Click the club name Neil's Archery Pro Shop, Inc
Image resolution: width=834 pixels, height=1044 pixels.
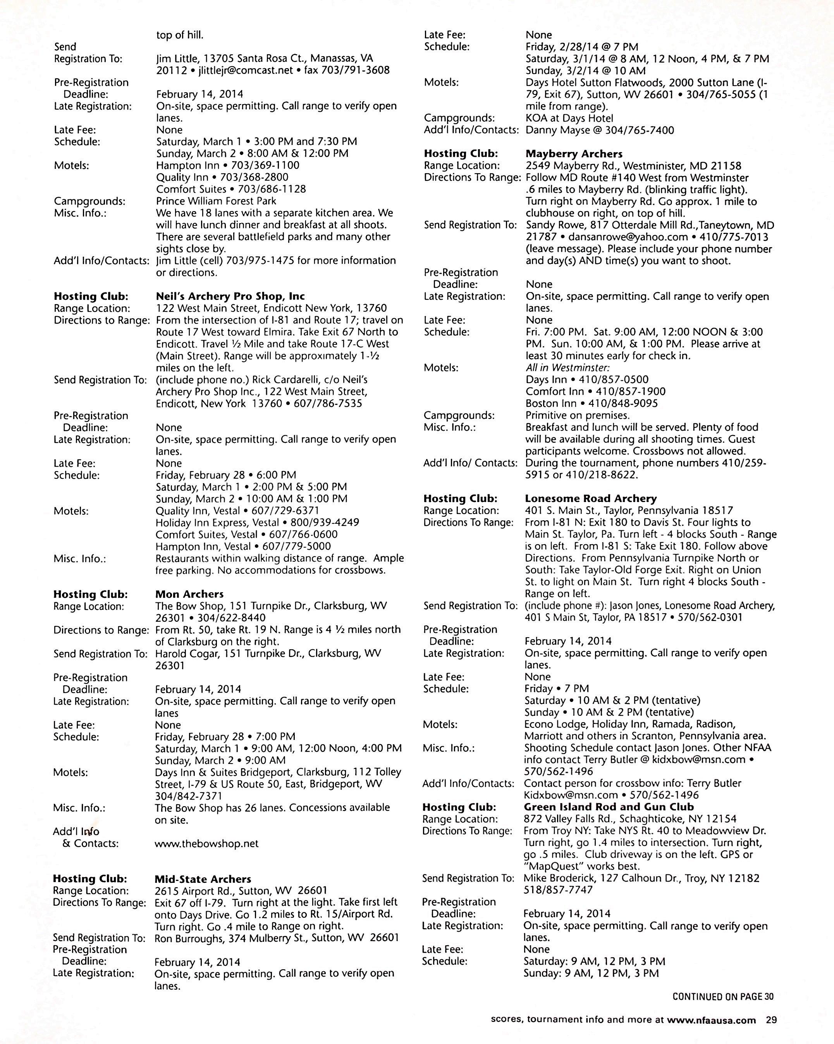pos(230,296)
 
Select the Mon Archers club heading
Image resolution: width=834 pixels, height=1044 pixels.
pos(189,594)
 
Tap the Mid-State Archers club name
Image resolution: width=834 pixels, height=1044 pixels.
pos(203,879)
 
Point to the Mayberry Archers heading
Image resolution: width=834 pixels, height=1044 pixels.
pos(574,154)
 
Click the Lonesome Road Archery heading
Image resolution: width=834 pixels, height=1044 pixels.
pos(590,499)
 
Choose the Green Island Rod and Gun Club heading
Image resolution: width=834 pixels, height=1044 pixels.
pos(609,807)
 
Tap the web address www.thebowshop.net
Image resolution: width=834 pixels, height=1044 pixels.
pos(206,844)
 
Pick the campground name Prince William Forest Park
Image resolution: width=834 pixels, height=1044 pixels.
pos(216,201)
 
